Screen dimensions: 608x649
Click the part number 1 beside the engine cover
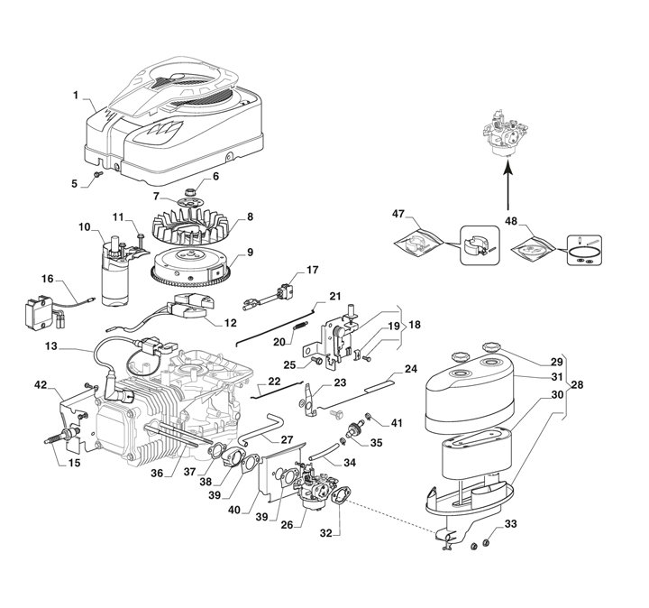pos(77,95)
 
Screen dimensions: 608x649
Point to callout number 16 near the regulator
pos(48,280)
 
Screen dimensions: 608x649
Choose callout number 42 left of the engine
pos(41,385)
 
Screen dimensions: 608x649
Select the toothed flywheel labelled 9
pos(189,267)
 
